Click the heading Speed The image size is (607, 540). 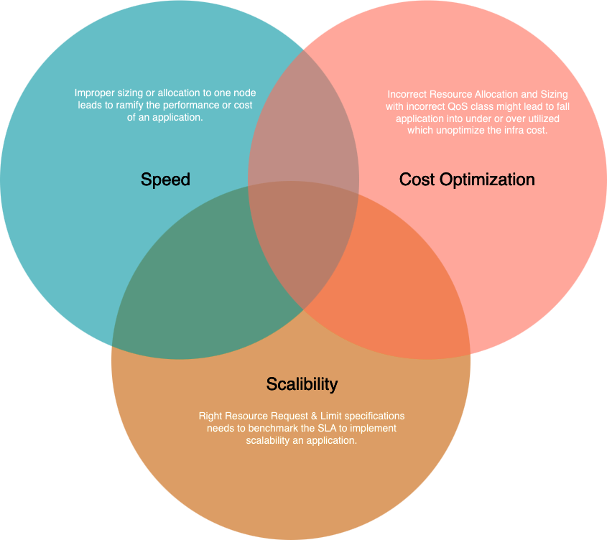pos(165,180)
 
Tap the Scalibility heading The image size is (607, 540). pos(302,384)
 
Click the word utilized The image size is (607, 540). pos(544,118)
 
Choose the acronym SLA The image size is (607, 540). pos(327,429)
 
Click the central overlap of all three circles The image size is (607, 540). pos(302,240)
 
